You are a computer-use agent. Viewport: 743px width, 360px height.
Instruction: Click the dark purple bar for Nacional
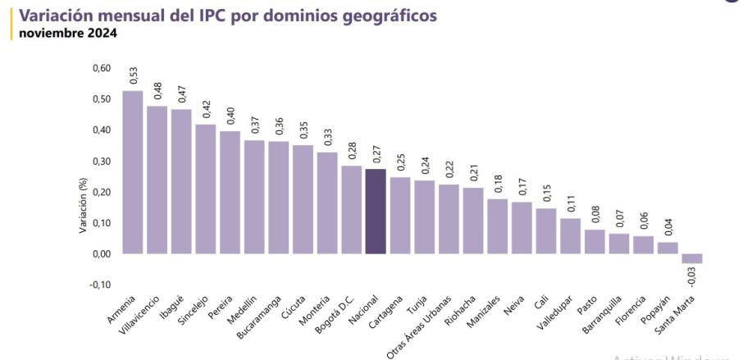tap(376, 212)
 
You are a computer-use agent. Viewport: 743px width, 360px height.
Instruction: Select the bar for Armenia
tap(133, 172)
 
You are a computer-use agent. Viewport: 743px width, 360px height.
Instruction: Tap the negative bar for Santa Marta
tap(692, 258)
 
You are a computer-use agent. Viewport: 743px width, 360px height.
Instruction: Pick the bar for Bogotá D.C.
tap(351, 210)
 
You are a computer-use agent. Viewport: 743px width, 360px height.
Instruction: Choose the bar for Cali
tap(545, 230)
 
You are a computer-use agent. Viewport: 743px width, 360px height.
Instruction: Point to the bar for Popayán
tap(668, 248)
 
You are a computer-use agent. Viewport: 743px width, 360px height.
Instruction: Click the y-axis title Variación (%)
tap(83, 207)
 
